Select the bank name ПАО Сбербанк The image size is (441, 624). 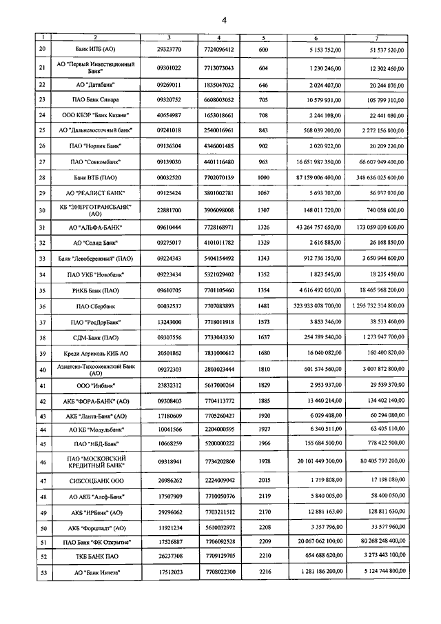(x=96, y=306)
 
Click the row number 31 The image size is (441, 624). (x=42, y=227)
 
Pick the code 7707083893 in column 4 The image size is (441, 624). (x=219, y=306)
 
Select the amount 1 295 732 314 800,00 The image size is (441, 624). (x=371, y=306)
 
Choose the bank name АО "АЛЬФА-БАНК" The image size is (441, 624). (x=96, y=227)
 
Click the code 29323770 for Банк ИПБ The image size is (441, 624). (x=169, y=50)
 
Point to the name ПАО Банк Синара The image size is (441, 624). (x=96, y=99)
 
